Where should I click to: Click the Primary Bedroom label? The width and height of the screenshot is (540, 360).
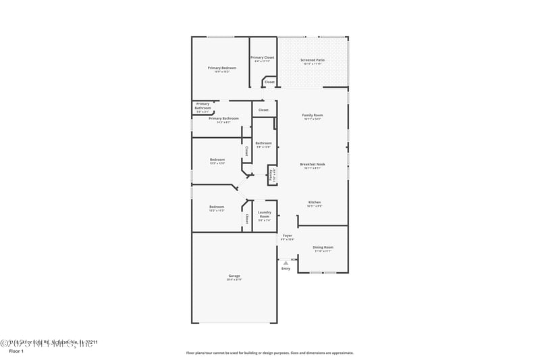pyautogui.click(x=221, y=68)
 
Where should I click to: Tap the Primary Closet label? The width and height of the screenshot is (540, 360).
pyautogui.click(x=263, y=57)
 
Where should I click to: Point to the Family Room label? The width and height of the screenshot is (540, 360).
pyautogui.click(x=312, y=115)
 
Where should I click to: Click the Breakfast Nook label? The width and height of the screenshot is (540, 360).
pyautogui.click(x=313, y=164)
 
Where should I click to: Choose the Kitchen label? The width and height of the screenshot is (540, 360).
pyautogui.click(x=315, y=202)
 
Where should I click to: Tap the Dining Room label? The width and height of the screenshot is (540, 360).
pyautogui.click(x=323, y=247)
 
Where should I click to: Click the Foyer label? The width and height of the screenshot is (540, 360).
pyautogui.click(x=287, y=236)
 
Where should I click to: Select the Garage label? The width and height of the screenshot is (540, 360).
pyautogui.click(x=234, y=276)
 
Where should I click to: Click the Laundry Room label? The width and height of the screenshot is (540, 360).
pyautogui.click(x=264, y=214)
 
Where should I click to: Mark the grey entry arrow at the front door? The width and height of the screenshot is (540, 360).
pyautogui.click(x=286, y=261)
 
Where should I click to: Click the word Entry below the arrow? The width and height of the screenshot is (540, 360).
pyautogui.click(x=286, y=268)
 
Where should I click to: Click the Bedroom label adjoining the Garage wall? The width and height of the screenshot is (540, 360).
pyautogui.click(x=216, y=207)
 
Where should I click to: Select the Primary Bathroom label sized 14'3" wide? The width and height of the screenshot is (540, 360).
pyautogui.click(x=223, y=118)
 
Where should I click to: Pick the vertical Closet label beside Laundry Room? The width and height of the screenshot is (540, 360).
pyautogui.click(x=247, y=219)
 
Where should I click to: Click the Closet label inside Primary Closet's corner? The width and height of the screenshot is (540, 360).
pyautogui.click(x=269, y=82)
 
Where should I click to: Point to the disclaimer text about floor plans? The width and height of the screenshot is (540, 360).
pyautogui.click(x=269, y=353)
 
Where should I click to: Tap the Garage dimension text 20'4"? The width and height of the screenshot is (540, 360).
pyautogui.click(x=234, y=279)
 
